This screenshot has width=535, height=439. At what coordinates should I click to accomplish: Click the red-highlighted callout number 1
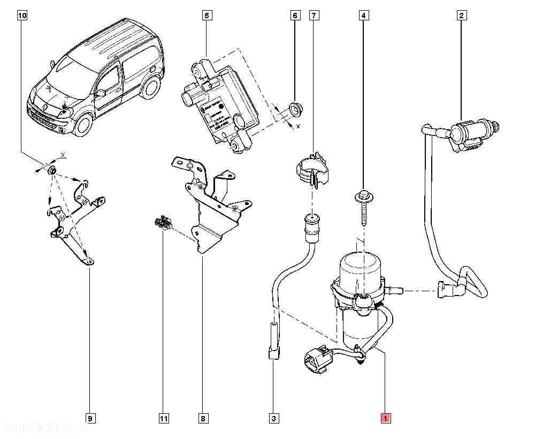[385, 418]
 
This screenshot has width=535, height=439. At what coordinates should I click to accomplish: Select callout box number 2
[461, 16]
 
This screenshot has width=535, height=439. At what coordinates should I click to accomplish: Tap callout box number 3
[273, 418]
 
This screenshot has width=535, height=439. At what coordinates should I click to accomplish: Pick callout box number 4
[363, 16]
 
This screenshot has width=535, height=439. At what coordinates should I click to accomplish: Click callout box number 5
[207, 16]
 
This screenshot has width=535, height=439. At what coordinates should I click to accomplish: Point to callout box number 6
[295, 16]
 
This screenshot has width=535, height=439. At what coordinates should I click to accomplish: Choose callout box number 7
[314, 16]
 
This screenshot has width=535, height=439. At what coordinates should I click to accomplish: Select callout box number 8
[203, 418]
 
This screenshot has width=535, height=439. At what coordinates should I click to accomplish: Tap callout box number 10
[21, 16]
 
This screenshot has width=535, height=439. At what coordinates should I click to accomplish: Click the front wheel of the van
[83, 124]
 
